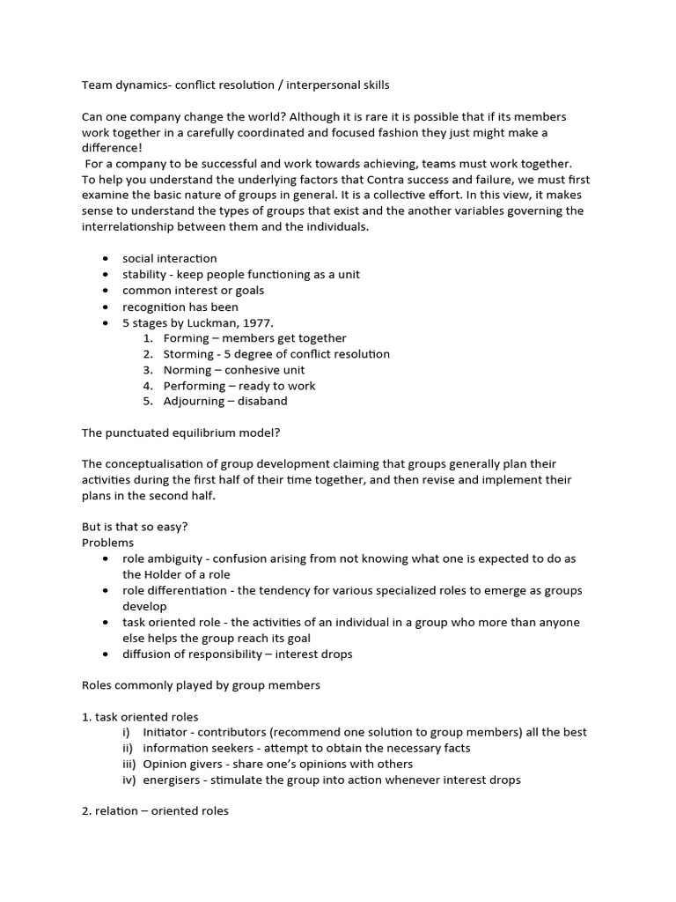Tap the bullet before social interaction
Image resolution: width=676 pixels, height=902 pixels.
pyautogui.click(x=106, y=259)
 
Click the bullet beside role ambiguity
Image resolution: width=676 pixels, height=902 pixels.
pyautogui.click(x=106, y=559)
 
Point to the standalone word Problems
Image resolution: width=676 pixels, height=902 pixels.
pyautogui.click(x=108, y=543)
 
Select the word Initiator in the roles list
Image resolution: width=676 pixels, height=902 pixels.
pyautogui.click(x=165, y=732)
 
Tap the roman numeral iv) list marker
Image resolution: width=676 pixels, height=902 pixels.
pyautogui.click(x=130, y=780)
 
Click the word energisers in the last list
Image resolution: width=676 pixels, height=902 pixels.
pyautogui.click(x=172, y=780)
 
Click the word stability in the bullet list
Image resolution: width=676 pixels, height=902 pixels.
pyautogui.click(x=143, y=275)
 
